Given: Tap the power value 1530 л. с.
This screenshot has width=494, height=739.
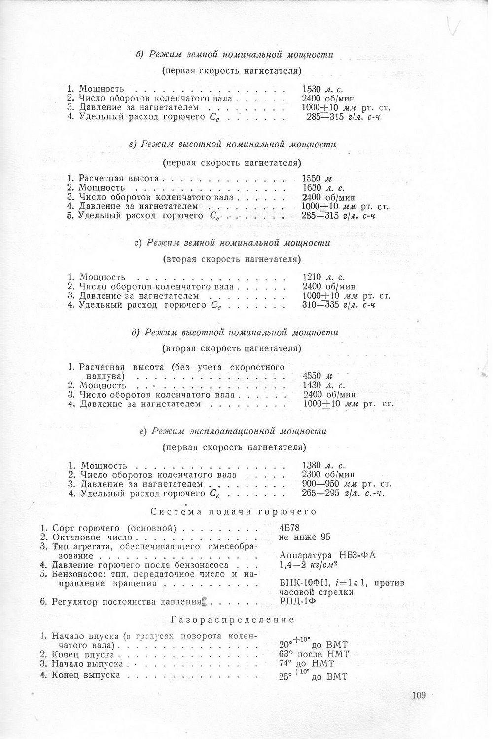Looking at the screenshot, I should pos(322,89).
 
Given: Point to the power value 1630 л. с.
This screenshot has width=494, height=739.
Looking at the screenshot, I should pos(322,188).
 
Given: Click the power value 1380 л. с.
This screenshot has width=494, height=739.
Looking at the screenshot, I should pos(323,466).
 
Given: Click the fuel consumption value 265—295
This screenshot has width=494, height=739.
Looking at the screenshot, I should pos(343,494).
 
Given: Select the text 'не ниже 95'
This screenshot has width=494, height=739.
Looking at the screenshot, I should pos(304,537).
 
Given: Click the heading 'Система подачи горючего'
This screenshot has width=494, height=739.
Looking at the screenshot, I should pos(233,512).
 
